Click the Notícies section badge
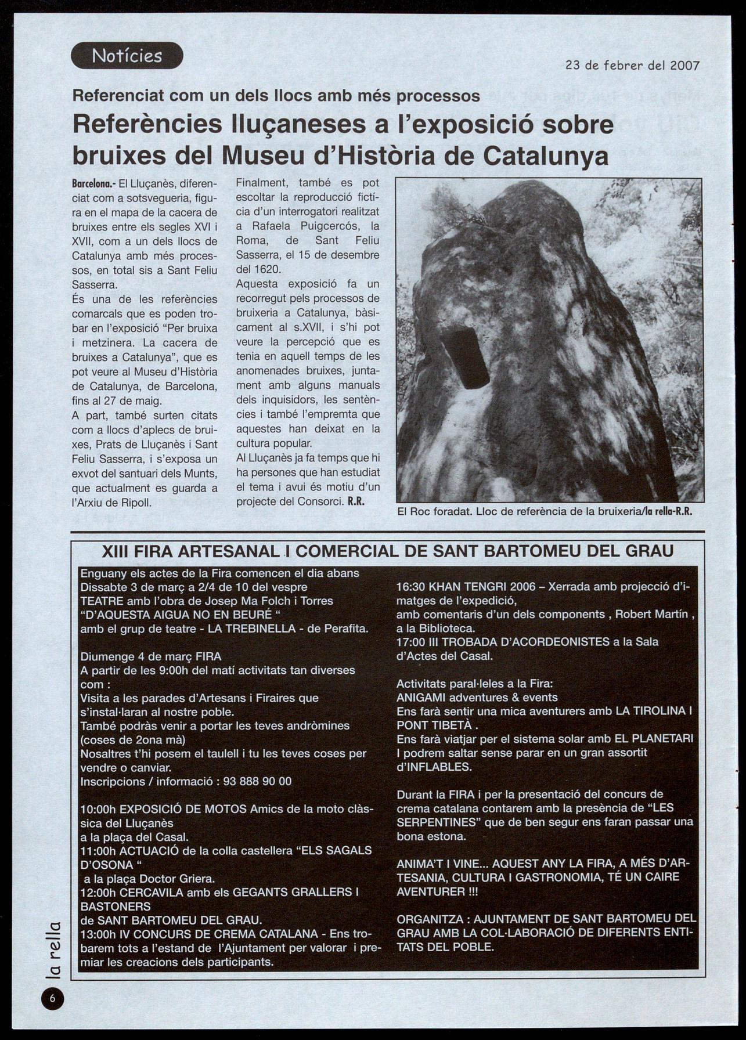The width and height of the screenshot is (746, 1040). coord(127,56)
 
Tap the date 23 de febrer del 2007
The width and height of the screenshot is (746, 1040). coord(632,65)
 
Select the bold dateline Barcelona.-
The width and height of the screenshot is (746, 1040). coord(93,184)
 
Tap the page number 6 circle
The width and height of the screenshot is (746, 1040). coord(52,998)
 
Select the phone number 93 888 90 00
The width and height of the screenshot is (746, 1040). coord(257,781)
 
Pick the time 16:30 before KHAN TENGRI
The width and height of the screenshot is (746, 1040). coord(411,586)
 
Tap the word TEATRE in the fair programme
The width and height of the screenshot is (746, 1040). coord(100,601)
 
